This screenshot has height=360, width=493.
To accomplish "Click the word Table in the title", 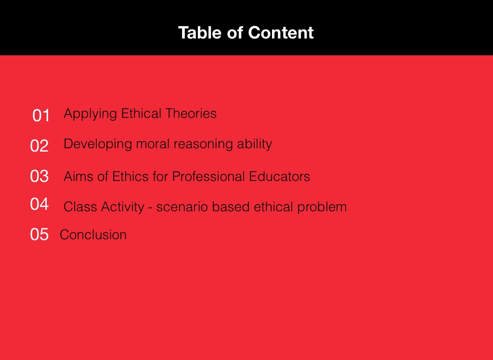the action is click(200, 33).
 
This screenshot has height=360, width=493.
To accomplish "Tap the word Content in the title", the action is click(281, 33).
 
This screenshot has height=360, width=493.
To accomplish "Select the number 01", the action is click(41, 116).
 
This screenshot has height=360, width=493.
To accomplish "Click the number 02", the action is click(39, 146).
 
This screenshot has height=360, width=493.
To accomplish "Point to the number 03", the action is click(39, 176).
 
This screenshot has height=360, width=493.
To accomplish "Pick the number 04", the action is click(39, 204).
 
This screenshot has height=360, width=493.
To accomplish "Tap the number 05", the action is click(39, 234).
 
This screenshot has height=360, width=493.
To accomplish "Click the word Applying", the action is click(91, 114).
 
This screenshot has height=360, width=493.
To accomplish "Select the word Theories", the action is click(191, 113).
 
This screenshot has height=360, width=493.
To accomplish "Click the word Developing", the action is click(98, 144).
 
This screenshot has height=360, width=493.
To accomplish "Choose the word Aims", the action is click(78, 176).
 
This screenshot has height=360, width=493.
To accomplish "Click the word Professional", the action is click(208, 176).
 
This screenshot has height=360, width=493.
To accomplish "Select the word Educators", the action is click(280, 176).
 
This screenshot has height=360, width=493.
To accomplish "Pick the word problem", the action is click(322, 207).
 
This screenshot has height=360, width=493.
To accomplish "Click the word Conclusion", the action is click(93, 234).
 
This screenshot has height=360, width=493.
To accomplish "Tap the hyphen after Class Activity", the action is click(150, 208).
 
